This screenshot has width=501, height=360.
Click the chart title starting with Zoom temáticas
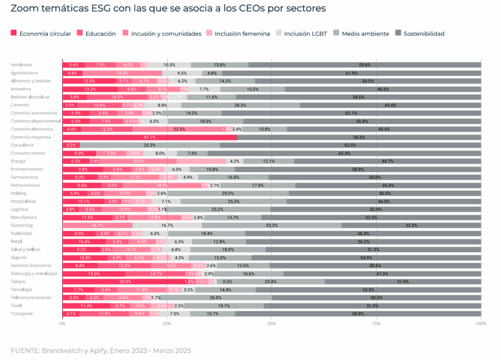(168, 9)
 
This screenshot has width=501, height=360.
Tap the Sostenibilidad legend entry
(419, 33)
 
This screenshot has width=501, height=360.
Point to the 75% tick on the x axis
(376, 323)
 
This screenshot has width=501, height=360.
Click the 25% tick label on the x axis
(167, 323)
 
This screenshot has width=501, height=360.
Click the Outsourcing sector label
(22, 225)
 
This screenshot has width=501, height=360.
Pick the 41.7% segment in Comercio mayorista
(149, 137)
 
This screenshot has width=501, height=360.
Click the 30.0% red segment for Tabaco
(125, 281)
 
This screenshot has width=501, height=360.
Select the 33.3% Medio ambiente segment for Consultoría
(150, 145)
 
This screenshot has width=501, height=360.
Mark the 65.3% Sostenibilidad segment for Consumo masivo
(344, 153)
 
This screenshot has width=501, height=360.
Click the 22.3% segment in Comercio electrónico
(179, 129)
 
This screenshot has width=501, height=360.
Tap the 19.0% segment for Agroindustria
(122, 73)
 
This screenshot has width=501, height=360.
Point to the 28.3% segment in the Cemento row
(240, 105)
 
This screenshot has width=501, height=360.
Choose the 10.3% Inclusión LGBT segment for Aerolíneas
(169, 65)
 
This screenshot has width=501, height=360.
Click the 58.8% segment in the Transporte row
(358, 314)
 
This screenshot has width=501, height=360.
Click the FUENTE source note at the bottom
(101, 351)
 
